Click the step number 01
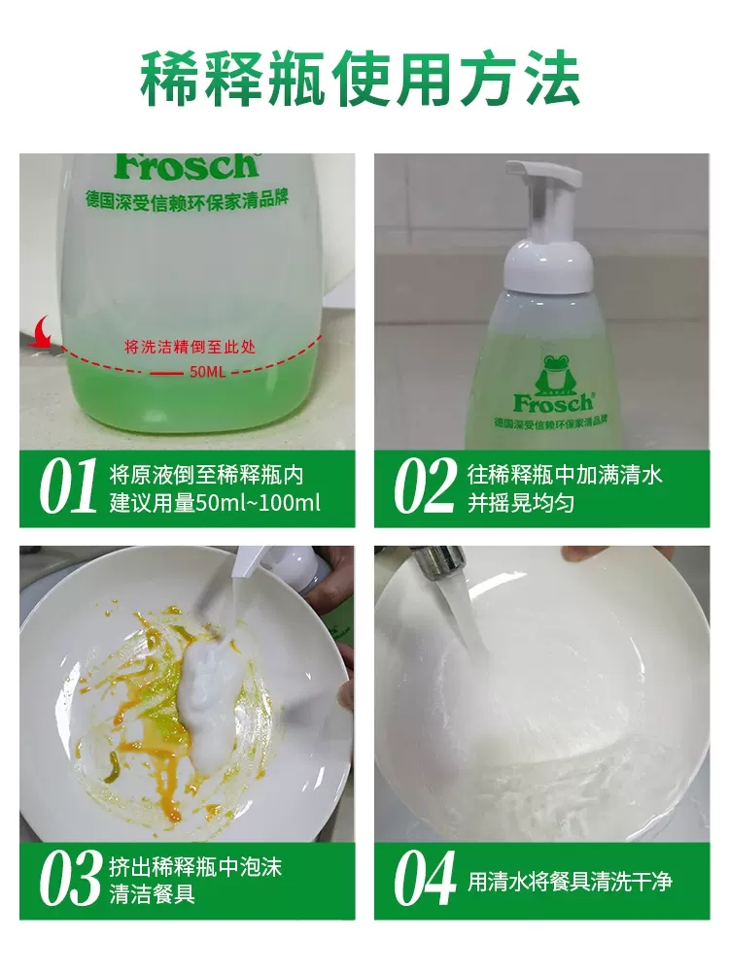pyautogui.click(x=68, y=487)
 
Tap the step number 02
pyautogui.click(x=425, y=487)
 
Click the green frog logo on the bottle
pyautogui.click(x=554, y=374)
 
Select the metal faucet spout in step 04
pyautogui.click(x=438, y=559)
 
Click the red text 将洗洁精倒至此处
pyautogui.click(x=190, y=347)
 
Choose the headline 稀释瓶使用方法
pyautogui.click(x=361, y=80)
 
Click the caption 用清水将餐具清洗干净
pyautogui.click(x=570, y=881)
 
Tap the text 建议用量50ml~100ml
pyautogui.click(x=215, y=503)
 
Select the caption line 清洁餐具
pyautogui.click(x=153, y=893)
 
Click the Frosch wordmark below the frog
pyautogui.click(x=554, y=403)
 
